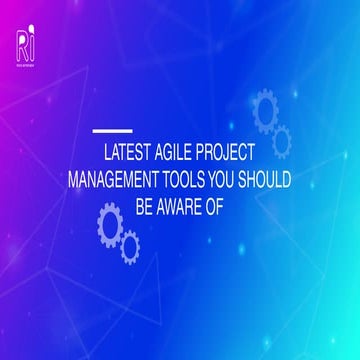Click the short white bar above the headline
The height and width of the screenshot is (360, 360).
click(112, 130)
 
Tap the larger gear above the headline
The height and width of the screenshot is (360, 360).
click(266, 111)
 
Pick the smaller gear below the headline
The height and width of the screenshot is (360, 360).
click(129, 246)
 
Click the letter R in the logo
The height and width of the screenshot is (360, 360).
click(22, 43)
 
